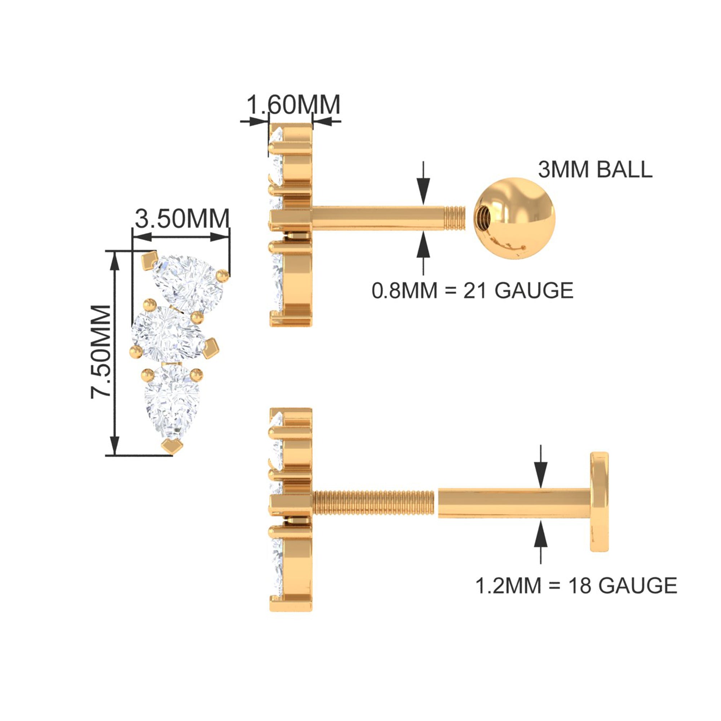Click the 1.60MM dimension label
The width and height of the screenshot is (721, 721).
(x=294, y=105)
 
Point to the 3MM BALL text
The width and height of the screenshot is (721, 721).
(x=595, y=170)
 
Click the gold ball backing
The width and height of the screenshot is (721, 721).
(x=514, y=218)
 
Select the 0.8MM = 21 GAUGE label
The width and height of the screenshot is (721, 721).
(x=473, y=290)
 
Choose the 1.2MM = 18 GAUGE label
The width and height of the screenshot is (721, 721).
(x=576, y=585)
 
